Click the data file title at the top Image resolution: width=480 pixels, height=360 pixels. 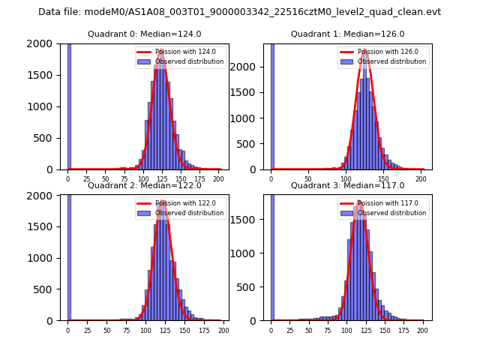239,12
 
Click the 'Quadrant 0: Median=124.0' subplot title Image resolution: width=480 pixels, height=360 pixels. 144,34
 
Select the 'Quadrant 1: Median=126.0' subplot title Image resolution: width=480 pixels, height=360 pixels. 347,34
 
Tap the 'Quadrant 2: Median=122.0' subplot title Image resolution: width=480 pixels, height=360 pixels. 144,185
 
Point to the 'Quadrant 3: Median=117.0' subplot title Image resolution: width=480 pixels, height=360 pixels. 347,185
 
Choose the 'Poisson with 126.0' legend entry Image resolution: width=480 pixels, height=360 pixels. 388,52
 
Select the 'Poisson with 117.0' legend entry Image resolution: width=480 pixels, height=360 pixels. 388,203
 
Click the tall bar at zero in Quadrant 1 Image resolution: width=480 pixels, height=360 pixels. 272,105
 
